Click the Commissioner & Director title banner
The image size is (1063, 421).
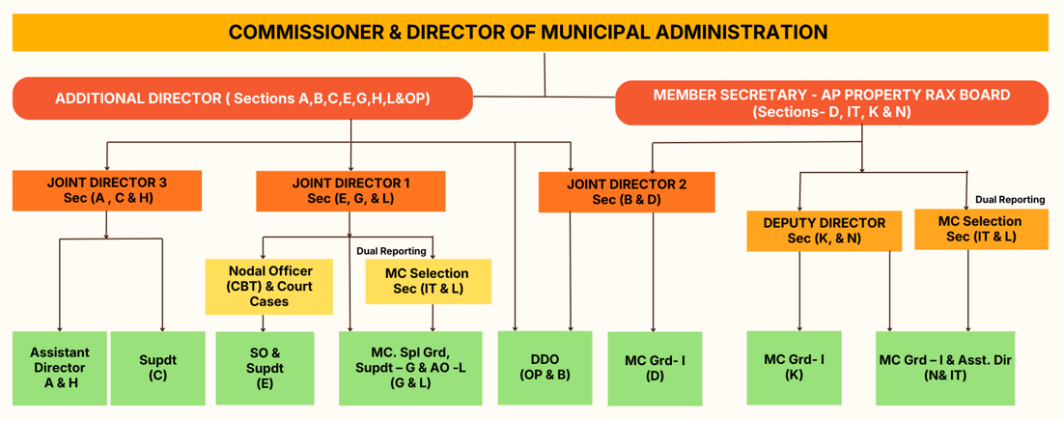pos(529,32)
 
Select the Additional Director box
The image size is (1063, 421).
pos(241,98)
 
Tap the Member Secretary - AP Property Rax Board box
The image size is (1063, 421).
pos(830,103)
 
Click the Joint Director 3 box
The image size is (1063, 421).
pos(107,190)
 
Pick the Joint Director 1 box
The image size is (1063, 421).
pos(350,190)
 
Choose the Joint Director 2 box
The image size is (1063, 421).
pos(627,191)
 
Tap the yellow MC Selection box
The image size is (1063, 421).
pos(427,281)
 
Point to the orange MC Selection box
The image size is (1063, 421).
pos(980,229)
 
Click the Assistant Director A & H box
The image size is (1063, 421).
pos(59,367)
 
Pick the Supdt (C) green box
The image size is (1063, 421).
pos(157,367)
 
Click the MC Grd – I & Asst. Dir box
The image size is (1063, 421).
pos(944,368)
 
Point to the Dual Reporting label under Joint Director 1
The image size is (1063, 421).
pos(391,251)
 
